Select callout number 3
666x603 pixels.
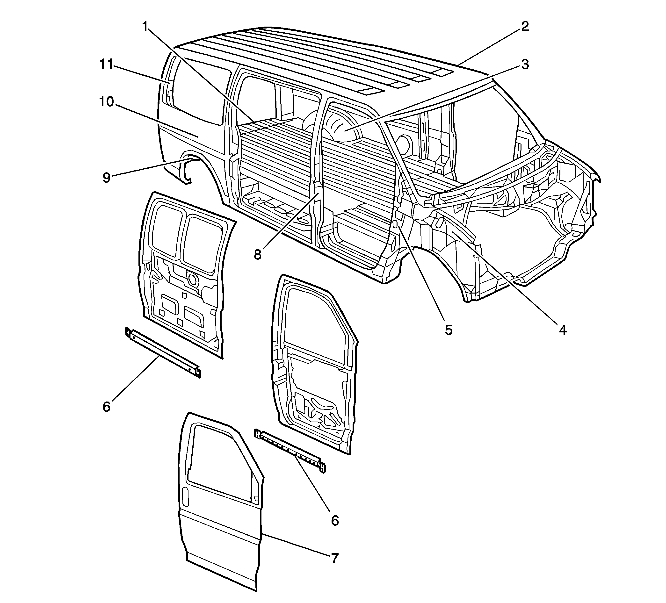(525, 65)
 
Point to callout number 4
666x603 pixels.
(563, 329)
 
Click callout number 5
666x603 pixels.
(448, 329)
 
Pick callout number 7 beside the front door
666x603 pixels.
(335, 558)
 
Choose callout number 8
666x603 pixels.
(257, 254)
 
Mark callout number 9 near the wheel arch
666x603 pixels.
(106, 178)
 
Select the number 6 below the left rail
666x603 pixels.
(106, 407)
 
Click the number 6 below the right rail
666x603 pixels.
(335, 521)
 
